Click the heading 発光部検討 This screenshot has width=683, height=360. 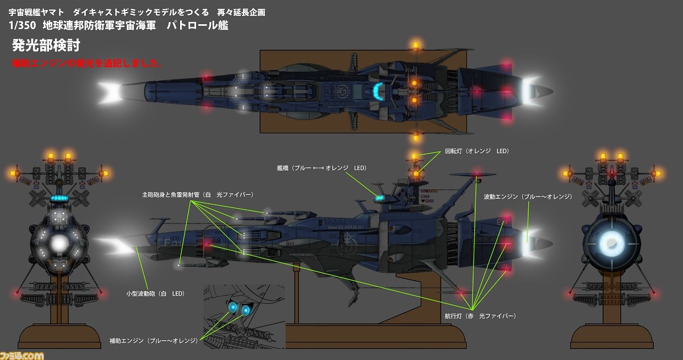[46, 45]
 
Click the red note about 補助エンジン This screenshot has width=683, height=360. [87, 63]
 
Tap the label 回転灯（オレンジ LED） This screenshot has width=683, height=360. [476, 151]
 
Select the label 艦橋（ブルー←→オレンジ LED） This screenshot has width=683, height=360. [322, 167]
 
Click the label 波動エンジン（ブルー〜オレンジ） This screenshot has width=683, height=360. [528, 197]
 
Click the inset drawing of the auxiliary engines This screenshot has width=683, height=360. [244, 315]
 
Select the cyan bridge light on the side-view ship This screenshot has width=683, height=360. [379, 197]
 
